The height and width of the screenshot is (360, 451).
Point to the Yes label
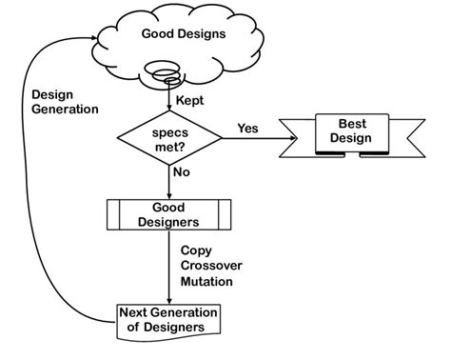(247, 128)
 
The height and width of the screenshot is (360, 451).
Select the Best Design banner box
(344, 132)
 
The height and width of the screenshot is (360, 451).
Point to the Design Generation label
(64, 102)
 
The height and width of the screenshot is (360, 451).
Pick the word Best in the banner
(344, 124)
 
